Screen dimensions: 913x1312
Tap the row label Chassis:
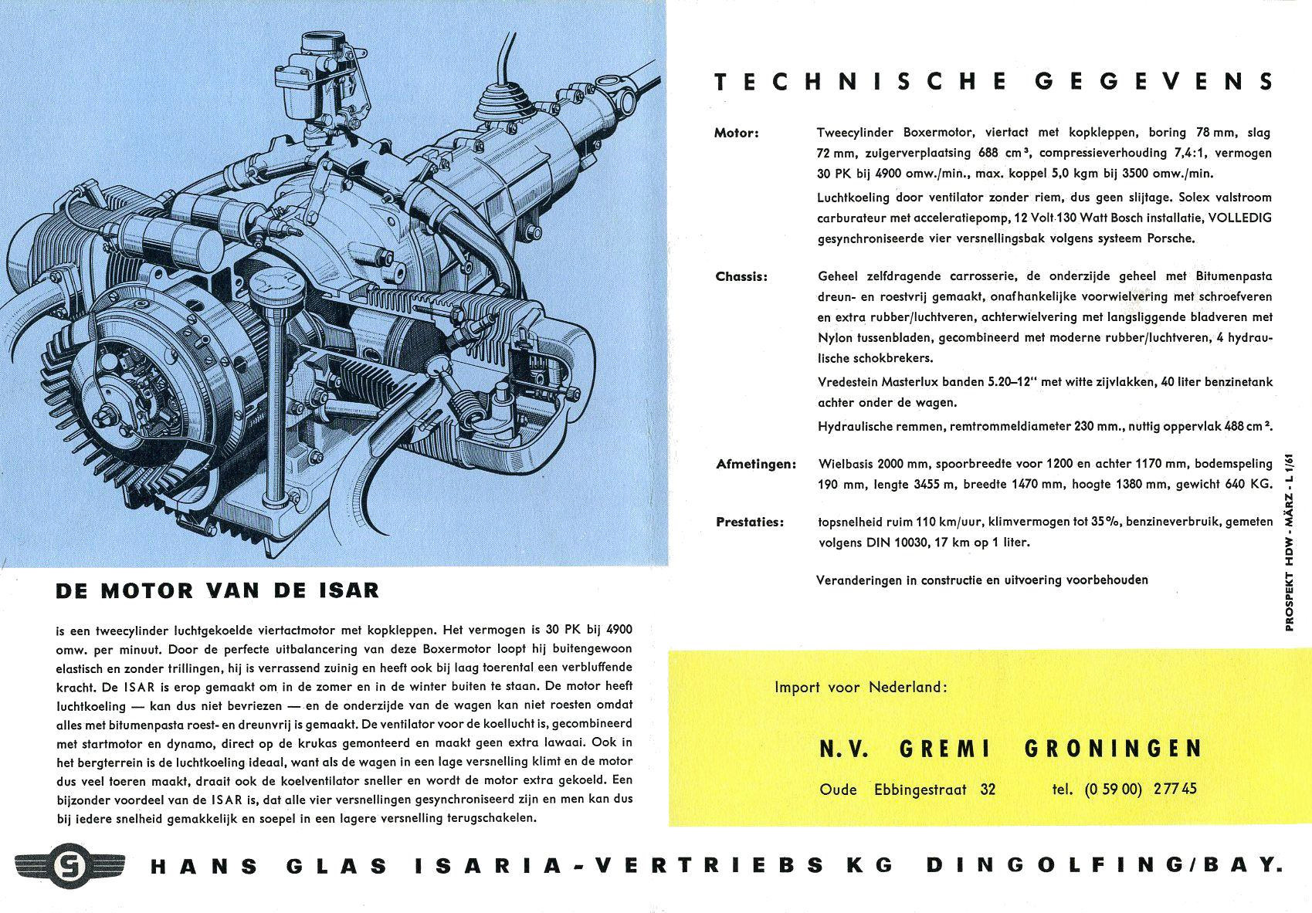(x=741, y=276)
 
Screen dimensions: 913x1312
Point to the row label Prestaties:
(x=749, y=522)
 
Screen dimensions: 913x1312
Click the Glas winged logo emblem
(x=68, y=864)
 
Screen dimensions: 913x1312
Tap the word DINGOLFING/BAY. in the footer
(x=1104, y=865)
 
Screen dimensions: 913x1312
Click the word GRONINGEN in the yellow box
(x=1113, y=749)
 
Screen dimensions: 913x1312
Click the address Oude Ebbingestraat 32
(x=907, y=789)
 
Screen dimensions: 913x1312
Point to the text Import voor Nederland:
(x=860, y=687)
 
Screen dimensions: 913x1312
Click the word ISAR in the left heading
(x=348, y=591)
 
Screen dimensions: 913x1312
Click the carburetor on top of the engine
(x=317, y=85)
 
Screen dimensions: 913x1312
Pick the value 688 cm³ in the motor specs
(x=1006, y=153)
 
